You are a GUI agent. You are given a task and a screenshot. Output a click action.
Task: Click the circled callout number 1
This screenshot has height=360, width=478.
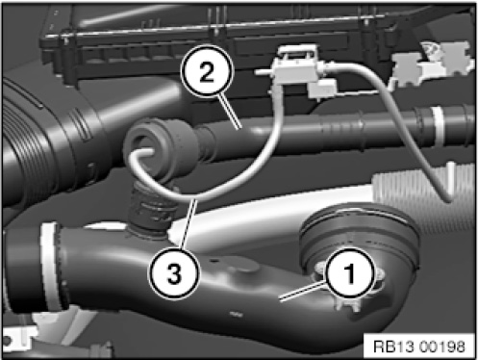coord(350,273)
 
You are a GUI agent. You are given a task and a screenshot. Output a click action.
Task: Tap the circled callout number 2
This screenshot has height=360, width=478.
coord(207,71)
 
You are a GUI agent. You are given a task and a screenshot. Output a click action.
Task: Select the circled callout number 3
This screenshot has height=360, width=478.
coord(174,273)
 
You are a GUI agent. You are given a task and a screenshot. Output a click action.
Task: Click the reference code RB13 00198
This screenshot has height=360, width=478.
coord(419,347)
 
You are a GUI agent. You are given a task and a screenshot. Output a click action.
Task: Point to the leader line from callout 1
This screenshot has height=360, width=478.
coord(303,292)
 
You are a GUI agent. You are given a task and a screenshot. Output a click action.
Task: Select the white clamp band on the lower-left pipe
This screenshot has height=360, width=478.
coord(51,267)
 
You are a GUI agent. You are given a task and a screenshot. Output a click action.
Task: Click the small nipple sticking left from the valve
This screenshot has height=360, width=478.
coord(264,72)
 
